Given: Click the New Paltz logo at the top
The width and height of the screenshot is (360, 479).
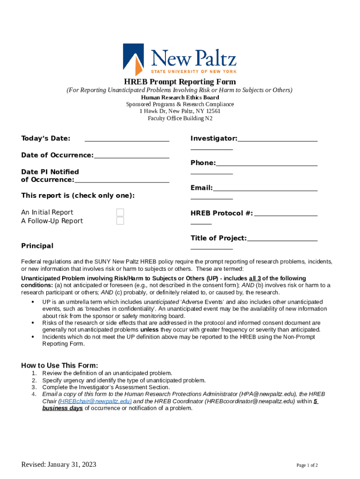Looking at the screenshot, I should [180, 59].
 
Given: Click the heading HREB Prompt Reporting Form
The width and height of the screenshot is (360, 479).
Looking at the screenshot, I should [180, 82].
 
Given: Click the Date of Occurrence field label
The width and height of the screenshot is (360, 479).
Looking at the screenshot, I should [57, 155].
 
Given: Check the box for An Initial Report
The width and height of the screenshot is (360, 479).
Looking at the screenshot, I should [120, 212].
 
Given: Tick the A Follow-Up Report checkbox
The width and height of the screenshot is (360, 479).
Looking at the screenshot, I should [120, 221].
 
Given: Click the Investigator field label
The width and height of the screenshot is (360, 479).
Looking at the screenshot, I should [214, 138].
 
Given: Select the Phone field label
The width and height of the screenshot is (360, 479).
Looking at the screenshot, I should [203, 163].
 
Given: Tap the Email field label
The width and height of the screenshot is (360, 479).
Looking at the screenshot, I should [202, 188].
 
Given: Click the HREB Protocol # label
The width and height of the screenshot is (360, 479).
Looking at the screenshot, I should [222, 213].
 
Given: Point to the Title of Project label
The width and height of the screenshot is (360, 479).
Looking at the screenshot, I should [218, 238].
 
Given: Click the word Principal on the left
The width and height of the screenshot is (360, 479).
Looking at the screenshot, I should [37, 246].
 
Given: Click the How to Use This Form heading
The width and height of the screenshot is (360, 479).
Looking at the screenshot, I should [60, 365].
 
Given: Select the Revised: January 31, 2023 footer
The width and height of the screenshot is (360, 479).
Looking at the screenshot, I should [58, 464].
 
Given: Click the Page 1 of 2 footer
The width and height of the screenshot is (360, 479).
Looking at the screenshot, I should [307, 465].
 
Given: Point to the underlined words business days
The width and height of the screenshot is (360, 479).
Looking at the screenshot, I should [62, 408].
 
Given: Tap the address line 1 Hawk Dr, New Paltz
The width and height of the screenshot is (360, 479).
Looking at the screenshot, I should [180, 111].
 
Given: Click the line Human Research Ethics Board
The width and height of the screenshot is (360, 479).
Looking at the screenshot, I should [180, 97].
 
